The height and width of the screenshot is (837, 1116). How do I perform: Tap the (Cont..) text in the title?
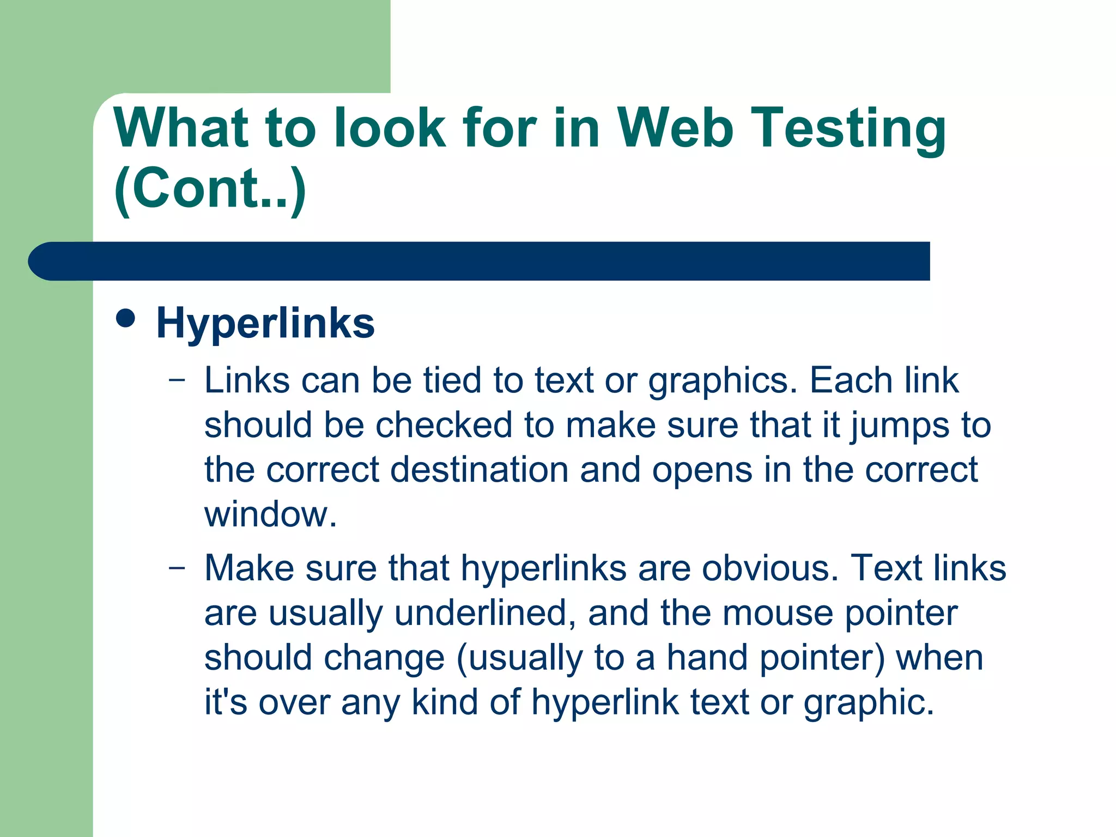210,189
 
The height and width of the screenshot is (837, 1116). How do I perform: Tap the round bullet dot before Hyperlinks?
126,318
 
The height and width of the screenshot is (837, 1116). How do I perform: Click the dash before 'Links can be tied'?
177,379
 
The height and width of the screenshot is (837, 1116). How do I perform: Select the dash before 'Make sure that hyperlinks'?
177,567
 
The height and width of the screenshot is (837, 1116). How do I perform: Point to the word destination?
479,470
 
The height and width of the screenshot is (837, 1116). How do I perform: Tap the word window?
270,514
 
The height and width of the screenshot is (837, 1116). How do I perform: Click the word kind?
445,702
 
